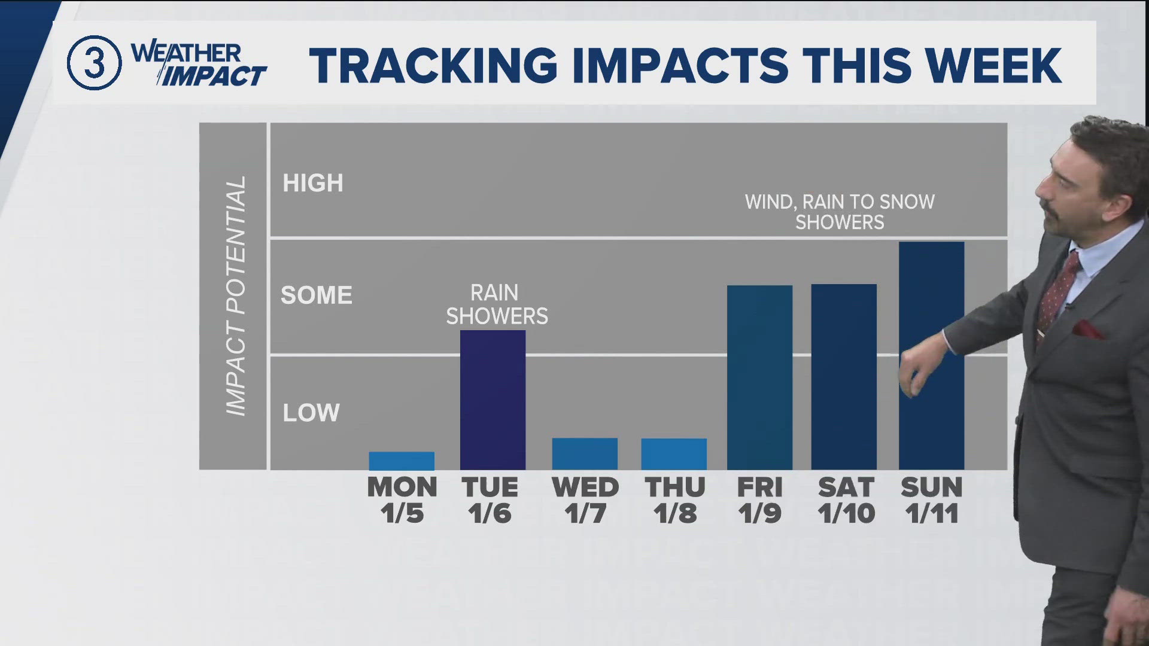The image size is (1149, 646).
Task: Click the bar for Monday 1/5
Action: [402, 461]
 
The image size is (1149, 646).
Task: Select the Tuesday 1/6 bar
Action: [493, 400]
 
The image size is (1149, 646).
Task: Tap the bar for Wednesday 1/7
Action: [585, 454]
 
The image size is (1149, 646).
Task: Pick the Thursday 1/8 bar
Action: [674, 454]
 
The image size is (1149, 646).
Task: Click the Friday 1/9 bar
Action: [759, 377]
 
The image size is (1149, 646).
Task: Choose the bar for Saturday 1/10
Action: [844, 377]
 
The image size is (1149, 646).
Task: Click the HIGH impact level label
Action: [313, 183]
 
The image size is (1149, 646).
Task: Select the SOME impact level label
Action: [317, 295]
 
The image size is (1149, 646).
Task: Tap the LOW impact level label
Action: [311, 413]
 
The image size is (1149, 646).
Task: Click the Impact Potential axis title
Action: [235, 296]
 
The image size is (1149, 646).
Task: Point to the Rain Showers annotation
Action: [497, 304]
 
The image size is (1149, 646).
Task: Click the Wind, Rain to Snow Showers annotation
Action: [840, 212]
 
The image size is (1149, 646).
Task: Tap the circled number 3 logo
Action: [95, 63]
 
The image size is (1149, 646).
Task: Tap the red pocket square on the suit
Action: [1088, 329]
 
